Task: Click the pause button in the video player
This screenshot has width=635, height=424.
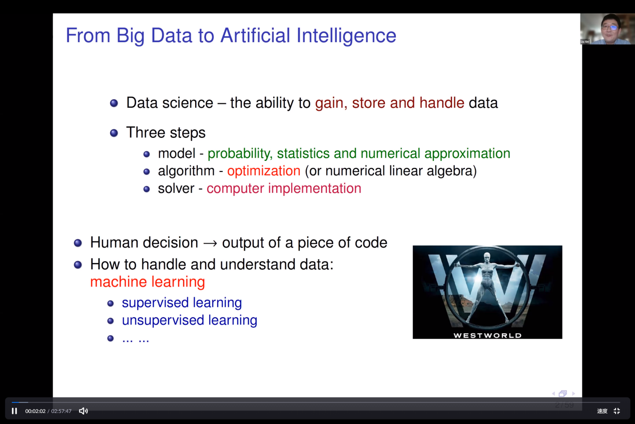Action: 15,411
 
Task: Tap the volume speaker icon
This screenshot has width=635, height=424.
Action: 84,411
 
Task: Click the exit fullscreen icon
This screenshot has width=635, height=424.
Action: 617,411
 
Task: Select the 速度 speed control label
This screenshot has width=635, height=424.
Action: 602,411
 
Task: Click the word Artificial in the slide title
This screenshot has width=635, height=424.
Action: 255,36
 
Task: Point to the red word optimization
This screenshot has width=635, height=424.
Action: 264,171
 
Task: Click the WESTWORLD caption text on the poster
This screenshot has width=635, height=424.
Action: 487,335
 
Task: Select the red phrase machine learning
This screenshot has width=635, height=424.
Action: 148,282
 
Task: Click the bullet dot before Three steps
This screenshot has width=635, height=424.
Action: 114,133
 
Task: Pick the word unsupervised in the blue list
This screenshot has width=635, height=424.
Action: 163,320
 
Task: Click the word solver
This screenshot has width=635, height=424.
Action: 176,188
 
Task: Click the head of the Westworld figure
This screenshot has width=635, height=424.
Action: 487,256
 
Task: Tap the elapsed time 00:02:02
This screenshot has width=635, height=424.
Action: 36,411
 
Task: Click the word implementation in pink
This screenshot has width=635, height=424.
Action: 315,189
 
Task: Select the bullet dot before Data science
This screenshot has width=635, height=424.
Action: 114,103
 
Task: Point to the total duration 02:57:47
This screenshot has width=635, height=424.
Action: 61,411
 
